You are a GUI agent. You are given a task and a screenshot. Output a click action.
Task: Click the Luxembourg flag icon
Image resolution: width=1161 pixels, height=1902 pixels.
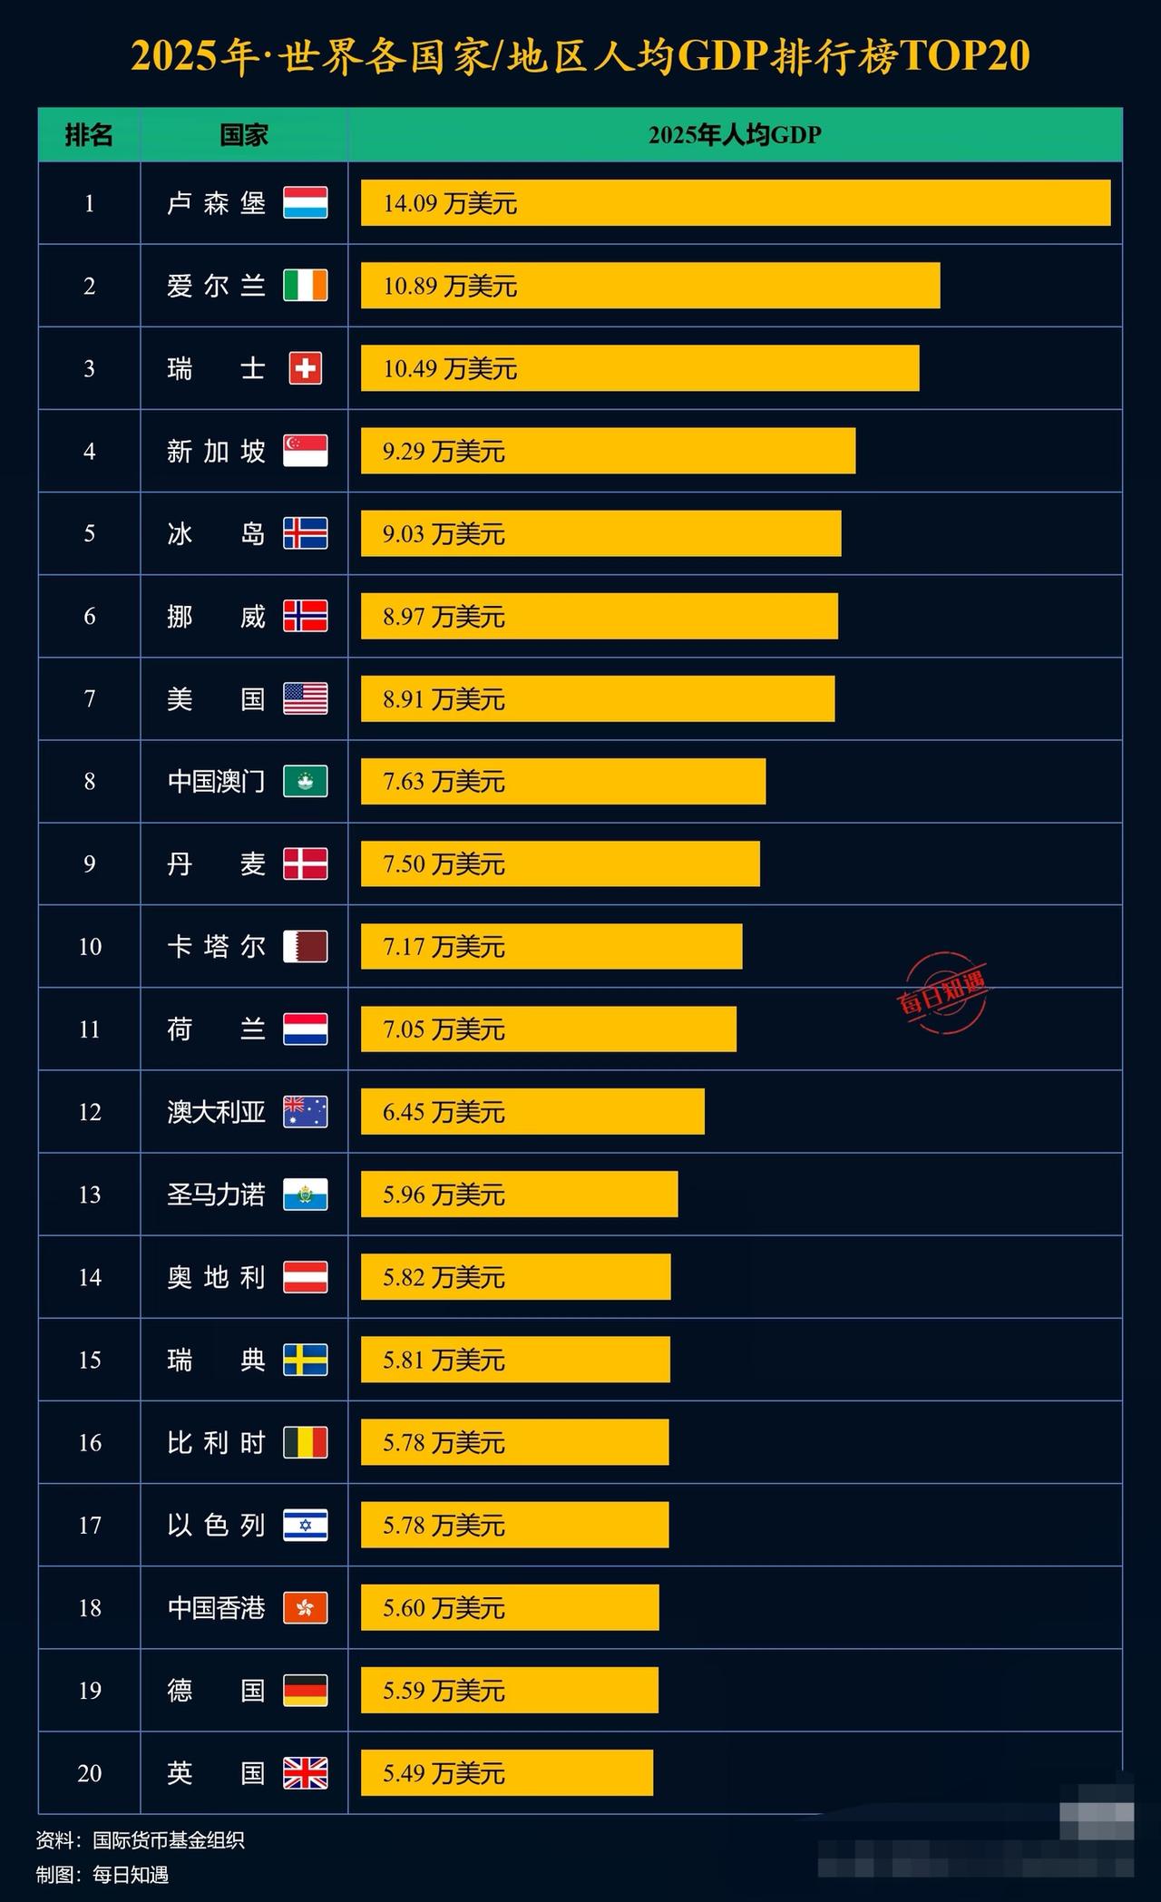[x=305, y=202]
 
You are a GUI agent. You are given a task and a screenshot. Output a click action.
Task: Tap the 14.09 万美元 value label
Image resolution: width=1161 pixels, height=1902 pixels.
[x=449, y=203]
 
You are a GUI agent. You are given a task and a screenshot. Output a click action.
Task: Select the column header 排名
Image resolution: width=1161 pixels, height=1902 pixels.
[x=89, y=135]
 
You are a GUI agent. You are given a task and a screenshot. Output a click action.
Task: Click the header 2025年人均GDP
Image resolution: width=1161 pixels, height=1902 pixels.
[x=735, y=135]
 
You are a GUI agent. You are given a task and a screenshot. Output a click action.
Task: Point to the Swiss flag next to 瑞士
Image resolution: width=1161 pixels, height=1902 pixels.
[x=305, y=368]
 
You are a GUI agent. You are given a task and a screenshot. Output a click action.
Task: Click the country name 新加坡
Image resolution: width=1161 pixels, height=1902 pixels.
[x=216, y=451]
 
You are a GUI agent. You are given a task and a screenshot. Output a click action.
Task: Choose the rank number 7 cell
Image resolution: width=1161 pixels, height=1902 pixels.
[x=89, y=699]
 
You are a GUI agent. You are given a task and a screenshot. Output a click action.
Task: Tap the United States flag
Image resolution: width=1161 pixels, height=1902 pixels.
[x=305, y=699]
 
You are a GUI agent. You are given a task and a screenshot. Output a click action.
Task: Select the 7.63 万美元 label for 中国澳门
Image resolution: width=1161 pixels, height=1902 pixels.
[x=443, y=782]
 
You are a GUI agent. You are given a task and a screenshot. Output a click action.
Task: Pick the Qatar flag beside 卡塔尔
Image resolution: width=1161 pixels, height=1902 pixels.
[x=305, y=947]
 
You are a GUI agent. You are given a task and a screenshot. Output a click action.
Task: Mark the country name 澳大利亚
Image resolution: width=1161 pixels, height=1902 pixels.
[x=216, y=1112]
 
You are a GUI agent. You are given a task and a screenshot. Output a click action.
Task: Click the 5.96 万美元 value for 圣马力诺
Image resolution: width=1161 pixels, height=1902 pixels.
[x=443, y=1195]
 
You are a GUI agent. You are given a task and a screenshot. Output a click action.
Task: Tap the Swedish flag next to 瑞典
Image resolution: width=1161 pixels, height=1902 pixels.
[x=305, y=1360]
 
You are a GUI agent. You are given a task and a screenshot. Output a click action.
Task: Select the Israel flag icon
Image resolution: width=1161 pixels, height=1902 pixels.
[x=305, y=1525]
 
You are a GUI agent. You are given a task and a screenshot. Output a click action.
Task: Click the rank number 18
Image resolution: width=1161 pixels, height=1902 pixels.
[x=89, y=1608]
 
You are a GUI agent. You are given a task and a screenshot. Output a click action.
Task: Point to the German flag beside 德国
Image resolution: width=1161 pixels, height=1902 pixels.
[x=305, y=1691]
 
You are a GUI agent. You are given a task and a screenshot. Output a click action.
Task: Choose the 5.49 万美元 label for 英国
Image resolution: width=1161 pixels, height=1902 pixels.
[x=443, y=1773]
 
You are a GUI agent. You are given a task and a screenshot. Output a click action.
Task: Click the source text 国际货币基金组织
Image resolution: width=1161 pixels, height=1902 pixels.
[x=168, y=1840]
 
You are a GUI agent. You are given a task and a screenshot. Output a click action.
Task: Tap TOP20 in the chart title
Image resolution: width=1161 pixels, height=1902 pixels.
[x=965, y=56]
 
